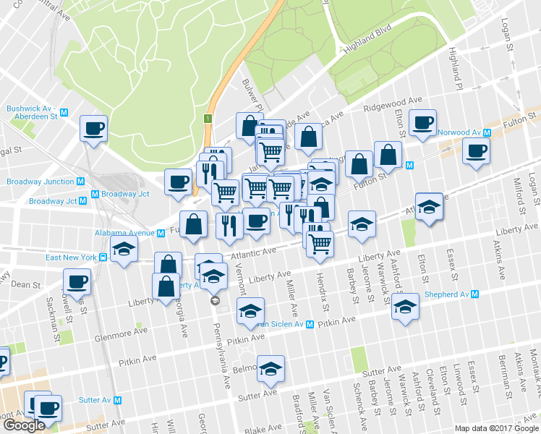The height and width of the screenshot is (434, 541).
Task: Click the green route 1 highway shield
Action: point(208,118)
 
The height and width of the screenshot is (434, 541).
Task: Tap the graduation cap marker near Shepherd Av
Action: point(406,307)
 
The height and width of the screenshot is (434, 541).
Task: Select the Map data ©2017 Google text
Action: point(496,428)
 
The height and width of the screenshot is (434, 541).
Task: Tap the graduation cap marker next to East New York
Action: point(124,250)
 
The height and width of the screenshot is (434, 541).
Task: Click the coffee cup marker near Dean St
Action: point(77,281)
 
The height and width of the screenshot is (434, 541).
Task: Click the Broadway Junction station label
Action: point(41,182)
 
